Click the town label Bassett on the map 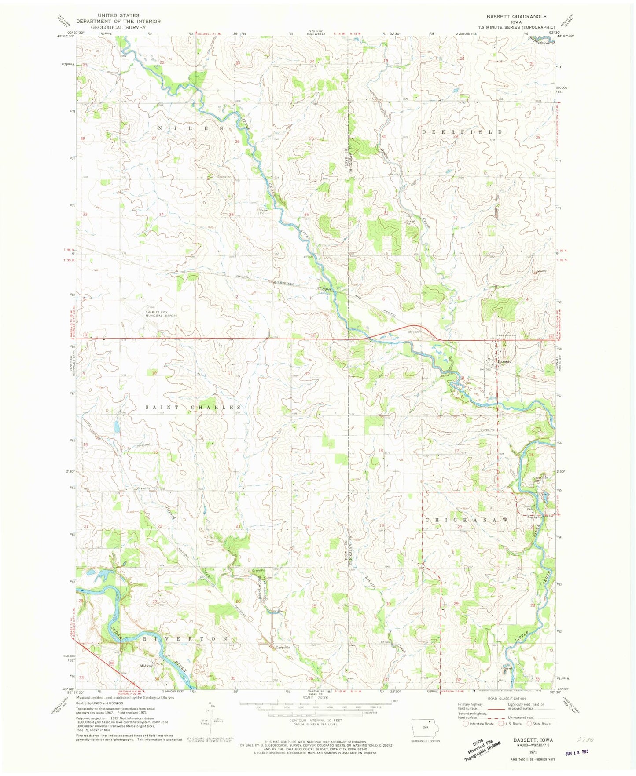pyautogui.click(x=504, y=361)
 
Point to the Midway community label pyautogui.click(x=147, y=666)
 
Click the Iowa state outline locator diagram pyautogui.click(x=426, y=726)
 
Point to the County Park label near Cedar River pyautogui.click(x=527, y=508)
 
